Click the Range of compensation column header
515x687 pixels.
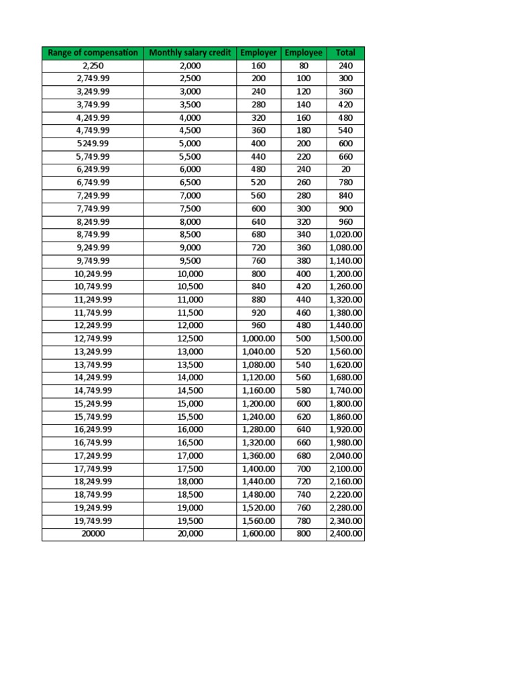coord(93,52)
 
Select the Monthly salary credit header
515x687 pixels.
coord(190,52)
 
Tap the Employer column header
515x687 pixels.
coord(259,52)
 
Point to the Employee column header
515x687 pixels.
coord(303,52)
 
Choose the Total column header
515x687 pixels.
coord(345,52)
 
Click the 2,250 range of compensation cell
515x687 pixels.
coord(93,66)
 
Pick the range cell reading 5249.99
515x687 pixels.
coord(93,144)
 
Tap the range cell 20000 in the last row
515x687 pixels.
coord(93,534)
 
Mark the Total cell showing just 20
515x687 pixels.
coord(345,170)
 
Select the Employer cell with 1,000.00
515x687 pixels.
coord(259,339)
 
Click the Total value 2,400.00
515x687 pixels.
coord(345,534)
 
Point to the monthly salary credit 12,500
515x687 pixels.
coord(190,339)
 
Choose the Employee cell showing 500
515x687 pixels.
coord(303,339)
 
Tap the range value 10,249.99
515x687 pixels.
coord(93,274)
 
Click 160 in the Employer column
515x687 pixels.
coord(259,66)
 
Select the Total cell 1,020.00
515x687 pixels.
coord(345,235)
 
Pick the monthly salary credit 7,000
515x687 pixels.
coord(190,196)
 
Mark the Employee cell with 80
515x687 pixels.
coord(303,66)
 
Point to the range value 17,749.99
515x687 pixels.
coord(93,469)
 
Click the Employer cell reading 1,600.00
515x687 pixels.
coord(259,534)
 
